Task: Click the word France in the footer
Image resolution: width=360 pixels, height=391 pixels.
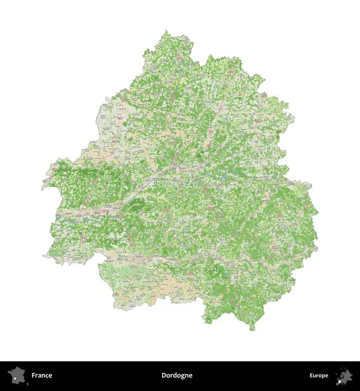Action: coord(42,375)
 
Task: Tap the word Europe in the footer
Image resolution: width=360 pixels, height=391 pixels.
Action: coord(319,375)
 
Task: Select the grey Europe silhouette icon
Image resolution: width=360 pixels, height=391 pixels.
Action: coord(344,375)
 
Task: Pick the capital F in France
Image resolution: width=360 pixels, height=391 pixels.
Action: coord(33,375)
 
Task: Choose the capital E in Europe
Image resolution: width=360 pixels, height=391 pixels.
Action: coord(311,375)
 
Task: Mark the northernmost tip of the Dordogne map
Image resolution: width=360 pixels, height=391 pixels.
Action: coord(167,31)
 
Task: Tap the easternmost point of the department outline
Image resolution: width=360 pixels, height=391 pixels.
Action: coord(318,235)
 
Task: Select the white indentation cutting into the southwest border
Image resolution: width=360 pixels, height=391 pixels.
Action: coord(98,264)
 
